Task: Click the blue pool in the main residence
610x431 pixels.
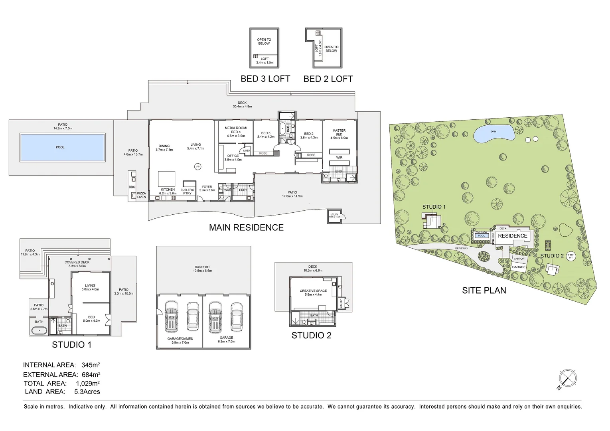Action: click(63, 147)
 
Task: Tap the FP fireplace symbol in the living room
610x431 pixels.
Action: click(197, 166)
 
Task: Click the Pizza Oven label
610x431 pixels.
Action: click(142, 195)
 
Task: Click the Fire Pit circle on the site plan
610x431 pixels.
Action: click(571, 257)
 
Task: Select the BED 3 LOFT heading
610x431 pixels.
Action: click(265, 79)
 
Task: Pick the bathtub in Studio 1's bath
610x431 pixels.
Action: click(39, 331)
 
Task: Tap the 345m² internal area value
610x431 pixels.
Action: click(91, 365)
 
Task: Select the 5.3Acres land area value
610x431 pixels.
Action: click(87, 392)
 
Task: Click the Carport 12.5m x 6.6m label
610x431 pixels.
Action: click(202, 269)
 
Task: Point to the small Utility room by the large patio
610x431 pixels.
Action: click(334, 216)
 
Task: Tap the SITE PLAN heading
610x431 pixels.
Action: click(484, 291)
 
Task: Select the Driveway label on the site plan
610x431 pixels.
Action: click(461, 249)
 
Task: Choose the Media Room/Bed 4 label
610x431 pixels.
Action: click(236, 132)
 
